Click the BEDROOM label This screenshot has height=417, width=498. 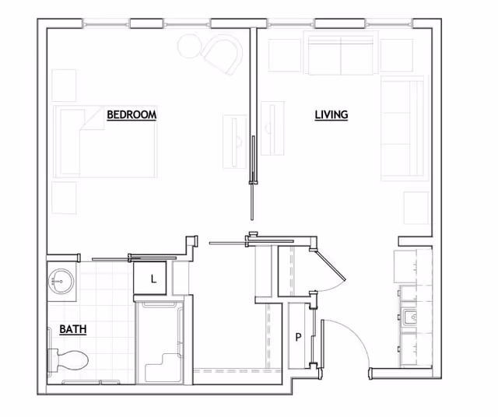click(132, 114)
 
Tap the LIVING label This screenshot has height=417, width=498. click(331, 114)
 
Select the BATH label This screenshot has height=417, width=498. click(73, 329)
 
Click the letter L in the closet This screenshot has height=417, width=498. click(154, 279)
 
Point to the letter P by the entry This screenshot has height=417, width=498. click(298, 337)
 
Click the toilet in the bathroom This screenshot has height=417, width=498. click(68, 360)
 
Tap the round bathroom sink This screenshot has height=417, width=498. click(61, 282)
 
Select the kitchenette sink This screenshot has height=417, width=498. click(410, 317)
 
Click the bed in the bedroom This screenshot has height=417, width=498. click(105, 142)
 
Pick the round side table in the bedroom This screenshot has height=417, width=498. click(188, 47)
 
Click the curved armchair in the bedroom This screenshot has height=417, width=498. click(223, 54)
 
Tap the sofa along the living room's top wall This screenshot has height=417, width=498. click(341, 53)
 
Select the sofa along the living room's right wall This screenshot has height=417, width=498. click(403, 128)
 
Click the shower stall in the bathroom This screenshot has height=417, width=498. click(160, 342)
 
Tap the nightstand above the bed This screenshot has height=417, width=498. click(64, 86)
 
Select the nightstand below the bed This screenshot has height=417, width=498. click(64, 198)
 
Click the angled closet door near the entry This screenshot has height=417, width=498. click(329, 265)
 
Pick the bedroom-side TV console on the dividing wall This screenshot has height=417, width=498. click(235, 142)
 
